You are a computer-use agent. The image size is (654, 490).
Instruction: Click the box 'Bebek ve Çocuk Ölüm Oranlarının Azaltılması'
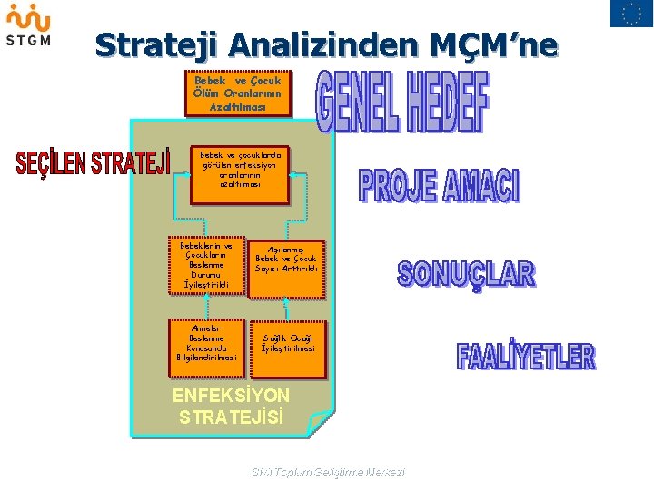point(237,93)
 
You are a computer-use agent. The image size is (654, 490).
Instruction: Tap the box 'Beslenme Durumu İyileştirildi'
point(207,265)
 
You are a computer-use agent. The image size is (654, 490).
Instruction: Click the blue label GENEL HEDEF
point(401,101)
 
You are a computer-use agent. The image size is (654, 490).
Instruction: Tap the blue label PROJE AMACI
point(440,184)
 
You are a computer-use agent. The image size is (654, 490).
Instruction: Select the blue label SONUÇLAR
point(466,274)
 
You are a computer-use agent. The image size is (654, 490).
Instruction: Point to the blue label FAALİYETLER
point(526,355)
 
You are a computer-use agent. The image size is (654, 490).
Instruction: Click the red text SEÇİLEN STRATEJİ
point(93,163)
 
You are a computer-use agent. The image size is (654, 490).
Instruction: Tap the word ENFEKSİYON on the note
point(231,396)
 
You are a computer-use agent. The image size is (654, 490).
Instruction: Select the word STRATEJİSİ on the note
point(232,417)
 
